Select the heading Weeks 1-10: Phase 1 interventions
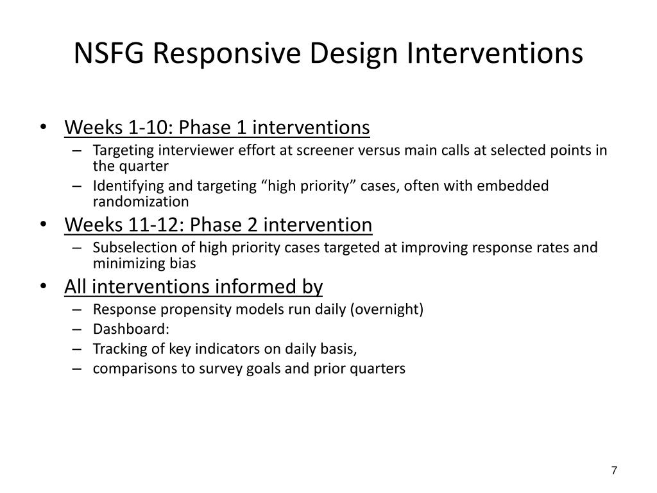(217, 128)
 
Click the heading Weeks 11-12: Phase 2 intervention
(218, 225)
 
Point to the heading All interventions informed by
(193, 286)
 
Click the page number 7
(614, 471)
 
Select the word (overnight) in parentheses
(387, 309)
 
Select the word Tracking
(116, 349)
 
